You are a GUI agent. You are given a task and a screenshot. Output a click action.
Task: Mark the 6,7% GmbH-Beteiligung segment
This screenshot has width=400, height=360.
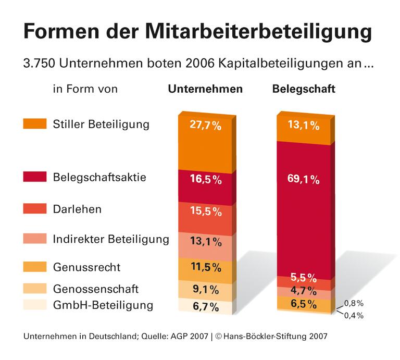point(205,306)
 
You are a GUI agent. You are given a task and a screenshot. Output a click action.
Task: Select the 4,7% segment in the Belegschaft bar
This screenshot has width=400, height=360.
point(302,291)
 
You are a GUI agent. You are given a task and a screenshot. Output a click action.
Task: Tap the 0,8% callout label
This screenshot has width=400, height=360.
point(354,303)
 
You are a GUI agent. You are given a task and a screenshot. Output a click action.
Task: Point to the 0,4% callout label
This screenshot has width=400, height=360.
point(354,315)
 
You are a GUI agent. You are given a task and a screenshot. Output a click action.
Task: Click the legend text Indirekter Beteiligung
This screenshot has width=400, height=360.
point(111,239)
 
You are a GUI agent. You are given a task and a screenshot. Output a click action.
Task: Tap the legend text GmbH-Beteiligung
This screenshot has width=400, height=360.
point(103,305)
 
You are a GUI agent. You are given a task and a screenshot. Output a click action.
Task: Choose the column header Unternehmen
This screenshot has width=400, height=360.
point(205,89)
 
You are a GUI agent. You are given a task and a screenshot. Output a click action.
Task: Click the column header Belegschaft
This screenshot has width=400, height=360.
point(304,89)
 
